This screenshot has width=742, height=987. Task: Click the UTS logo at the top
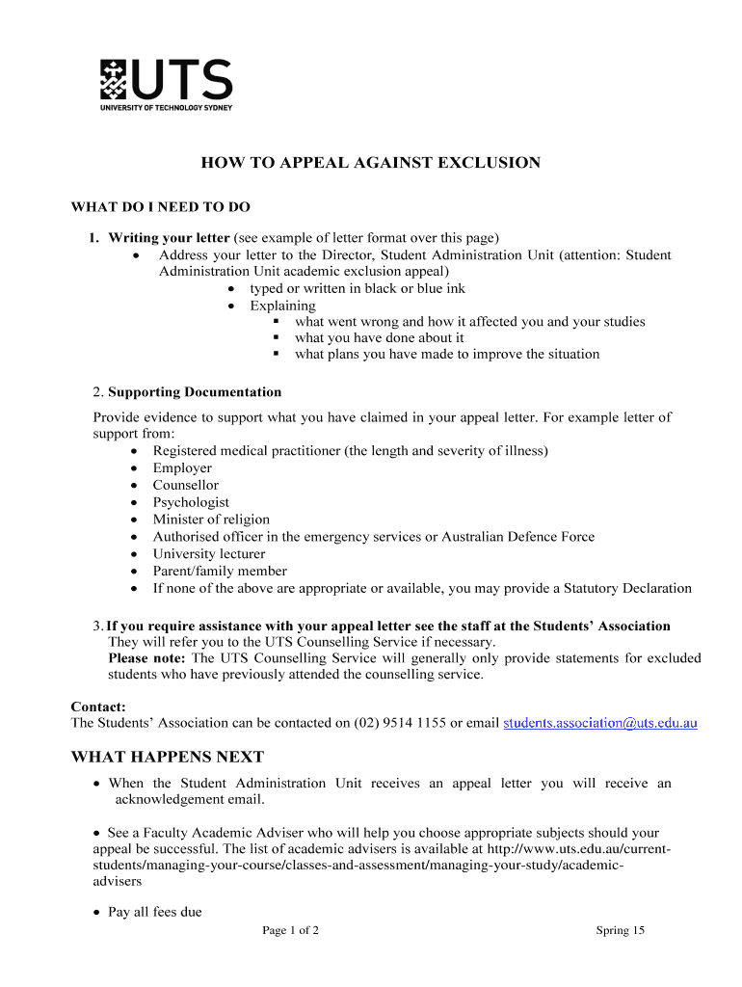(166, 85)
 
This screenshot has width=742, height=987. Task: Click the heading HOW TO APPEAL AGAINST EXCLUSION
(370, 163)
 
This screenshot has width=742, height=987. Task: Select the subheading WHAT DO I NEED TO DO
(160, 207)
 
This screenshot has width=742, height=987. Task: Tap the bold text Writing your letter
(169, 238)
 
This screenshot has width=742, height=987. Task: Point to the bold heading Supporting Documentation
(195, 392)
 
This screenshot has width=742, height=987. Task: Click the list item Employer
(182, 468)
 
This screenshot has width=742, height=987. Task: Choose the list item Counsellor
(185, 486)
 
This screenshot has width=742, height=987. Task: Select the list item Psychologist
(191, 502)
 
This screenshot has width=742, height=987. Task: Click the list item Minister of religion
(211, 520)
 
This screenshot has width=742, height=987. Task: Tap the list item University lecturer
(208, 554)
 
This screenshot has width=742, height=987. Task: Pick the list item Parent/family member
(220, 571)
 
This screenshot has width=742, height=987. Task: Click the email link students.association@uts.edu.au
(600, 723)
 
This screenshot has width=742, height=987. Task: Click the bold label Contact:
(98, 707)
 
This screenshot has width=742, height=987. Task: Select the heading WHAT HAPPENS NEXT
(167, 758)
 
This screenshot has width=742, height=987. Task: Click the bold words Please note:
(146, 658)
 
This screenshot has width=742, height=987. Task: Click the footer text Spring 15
(620, 931)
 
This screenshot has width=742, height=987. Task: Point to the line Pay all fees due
(155, 912)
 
